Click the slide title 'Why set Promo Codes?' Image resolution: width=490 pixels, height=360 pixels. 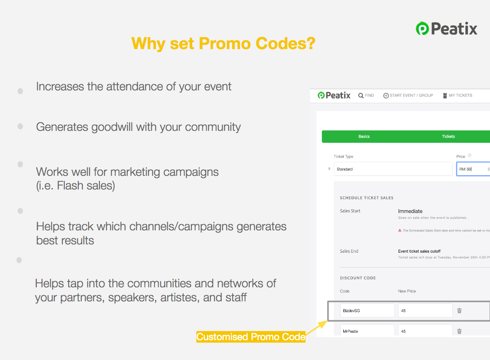click(223, 43)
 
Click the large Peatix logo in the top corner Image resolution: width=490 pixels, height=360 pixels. click(446, 28)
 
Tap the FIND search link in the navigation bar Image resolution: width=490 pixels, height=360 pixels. click(366, 95)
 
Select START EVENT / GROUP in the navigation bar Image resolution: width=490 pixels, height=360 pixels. click(408, 95)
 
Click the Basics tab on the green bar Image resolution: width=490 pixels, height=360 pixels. click(364, 136)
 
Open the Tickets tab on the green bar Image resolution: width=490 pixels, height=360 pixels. click(448, 136)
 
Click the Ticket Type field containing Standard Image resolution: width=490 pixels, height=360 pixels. click(393, 169)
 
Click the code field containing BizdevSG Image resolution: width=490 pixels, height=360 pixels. click(367, 310)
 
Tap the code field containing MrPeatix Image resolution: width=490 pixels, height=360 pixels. click(367, 331)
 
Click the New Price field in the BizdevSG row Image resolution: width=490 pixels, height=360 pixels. click(425, 310)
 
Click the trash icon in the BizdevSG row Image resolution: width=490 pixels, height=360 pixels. click(459, 310)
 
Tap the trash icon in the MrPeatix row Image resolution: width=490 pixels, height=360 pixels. click(459, 331)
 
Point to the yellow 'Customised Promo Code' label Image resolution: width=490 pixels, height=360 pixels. click(251, 337)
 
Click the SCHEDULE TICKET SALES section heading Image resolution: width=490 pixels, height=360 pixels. click(366, 198)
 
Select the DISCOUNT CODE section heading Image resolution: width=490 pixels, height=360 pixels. click(358, 278)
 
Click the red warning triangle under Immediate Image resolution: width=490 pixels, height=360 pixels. click(400, 231)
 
